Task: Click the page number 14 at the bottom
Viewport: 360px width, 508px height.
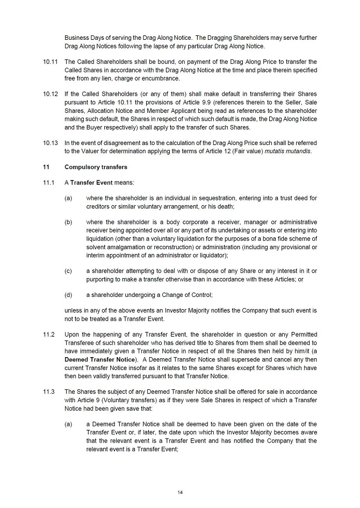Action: (x=180, y=492)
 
